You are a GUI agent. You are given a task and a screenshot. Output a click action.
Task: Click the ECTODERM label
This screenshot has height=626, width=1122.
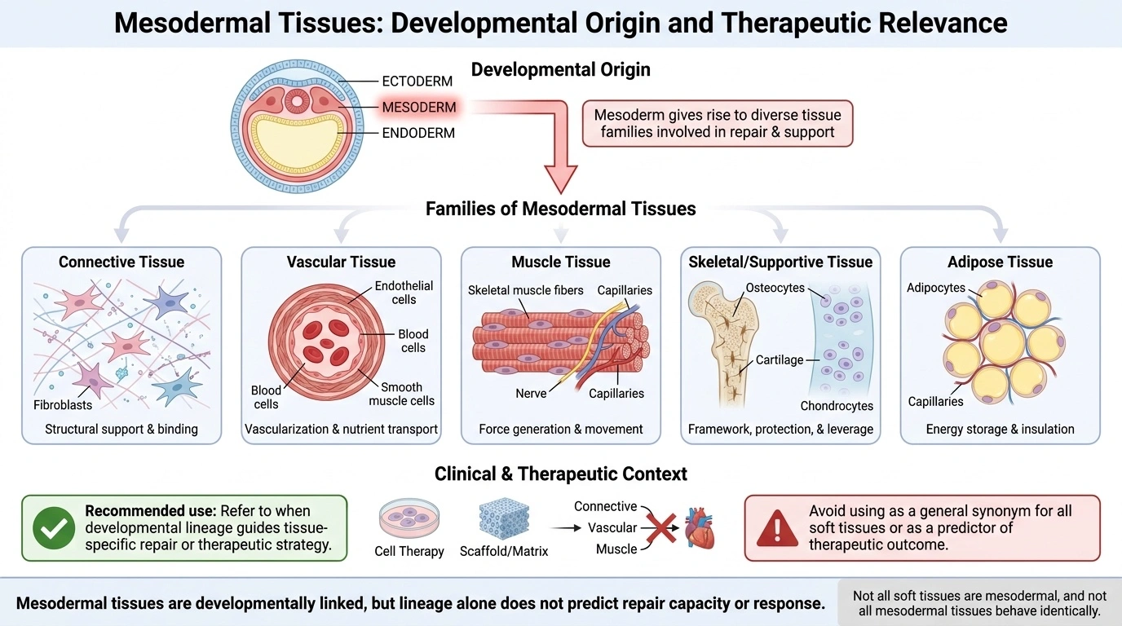point(417,82)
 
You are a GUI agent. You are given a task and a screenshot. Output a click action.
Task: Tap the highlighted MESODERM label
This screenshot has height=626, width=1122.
point(419,107)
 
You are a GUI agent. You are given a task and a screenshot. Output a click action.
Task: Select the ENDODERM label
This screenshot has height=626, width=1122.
point(418,133)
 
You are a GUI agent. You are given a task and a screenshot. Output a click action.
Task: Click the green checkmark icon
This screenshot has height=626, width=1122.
point(54,528)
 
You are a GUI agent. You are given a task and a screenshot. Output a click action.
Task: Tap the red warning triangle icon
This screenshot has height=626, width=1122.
point(777,529)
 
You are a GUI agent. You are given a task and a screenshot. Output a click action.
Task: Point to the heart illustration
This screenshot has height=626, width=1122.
point(700,528)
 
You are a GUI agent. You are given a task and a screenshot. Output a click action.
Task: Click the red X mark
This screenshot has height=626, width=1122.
point(661,528)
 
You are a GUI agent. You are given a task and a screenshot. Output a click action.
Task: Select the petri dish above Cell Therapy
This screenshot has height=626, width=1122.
point(409,518)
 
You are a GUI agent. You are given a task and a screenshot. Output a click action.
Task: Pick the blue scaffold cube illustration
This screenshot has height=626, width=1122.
point(504,518)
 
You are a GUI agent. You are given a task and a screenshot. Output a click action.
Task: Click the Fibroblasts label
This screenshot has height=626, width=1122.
point(63,404)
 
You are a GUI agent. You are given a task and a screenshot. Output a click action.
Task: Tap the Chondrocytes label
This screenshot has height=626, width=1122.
point(837,406)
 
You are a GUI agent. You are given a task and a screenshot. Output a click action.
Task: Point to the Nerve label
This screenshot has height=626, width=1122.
point(531,394)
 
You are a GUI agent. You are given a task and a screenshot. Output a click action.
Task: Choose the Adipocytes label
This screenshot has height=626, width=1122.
point(935,288)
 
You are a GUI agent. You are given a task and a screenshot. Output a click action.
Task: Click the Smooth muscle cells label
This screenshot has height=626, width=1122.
point(402,395)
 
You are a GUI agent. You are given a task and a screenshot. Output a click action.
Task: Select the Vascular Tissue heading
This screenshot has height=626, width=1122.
point(341,262)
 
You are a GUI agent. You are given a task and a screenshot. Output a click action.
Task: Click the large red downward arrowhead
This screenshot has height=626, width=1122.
point(561,179)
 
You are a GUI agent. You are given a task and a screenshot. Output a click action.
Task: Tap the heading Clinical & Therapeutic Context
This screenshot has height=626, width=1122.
point(560,474)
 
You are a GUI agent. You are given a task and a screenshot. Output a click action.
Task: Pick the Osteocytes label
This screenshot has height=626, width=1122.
point(775,288)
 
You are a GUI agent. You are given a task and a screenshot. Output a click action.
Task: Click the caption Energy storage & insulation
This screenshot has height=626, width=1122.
point(1000,430)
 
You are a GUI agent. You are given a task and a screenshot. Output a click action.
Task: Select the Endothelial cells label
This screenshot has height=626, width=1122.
point(404,293)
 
